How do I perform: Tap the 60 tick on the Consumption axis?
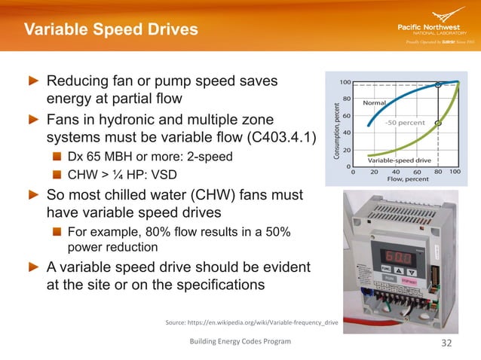(346, 115)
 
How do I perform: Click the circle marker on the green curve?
(439, 123)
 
